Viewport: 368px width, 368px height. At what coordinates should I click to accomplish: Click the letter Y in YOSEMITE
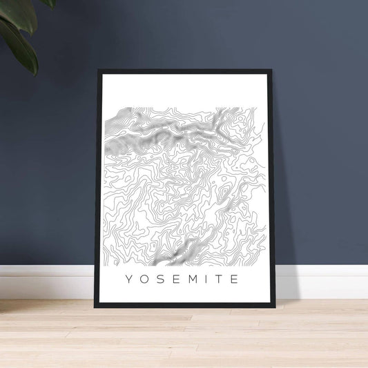pyautogui.click(x=128, y=280)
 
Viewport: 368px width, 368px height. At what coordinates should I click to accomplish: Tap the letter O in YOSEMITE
pyautogui.click(x=144, y=280)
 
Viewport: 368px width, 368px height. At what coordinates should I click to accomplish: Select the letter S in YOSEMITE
pyautogui.click(x=159, y=280)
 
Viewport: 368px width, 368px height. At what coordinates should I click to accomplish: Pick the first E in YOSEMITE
pyautogui.click(x=175, y=280)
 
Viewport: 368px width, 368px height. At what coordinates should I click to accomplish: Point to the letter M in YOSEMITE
pyautogui.click(x=191, y=280)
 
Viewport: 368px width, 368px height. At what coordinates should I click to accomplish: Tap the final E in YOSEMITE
pyautogui.click(x=235, y=280)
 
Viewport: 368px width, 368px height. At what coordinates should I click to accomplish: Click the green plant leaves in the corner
pyautogui.click(x=21, y=31)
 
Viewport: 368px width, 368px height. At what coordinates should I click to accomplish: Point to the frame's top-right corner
pyautogui.click(x=272, y=70)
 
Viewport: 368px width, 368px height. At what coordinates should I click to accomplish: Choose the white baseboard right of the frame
pyautogui.click(x=321, y=282)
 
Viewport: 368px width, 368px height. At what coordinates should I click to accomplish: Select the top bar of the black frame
pyautogui.click(x=185, y=71)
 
